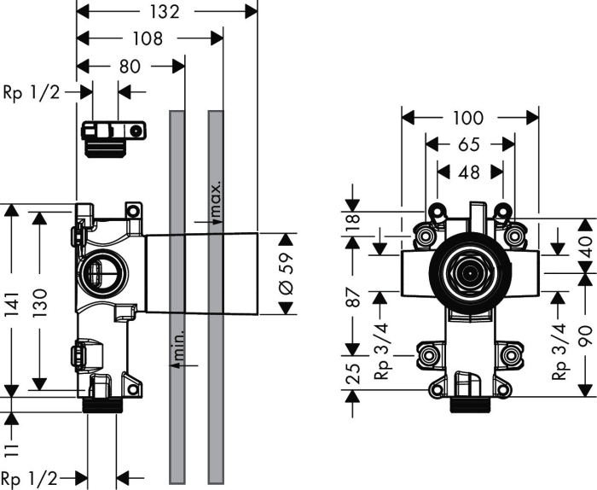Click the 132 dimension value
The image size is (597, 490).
tap(164, 12)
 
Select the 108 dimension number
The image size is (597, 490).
tap(148, 39)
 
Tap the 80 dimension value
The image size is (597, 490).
tap(130, 67)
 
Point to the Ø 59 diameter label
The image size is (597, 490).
tap(287, 273)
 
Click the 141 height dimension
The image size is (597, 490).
tap(12, 305)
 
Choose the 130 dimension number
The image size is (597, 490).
tap(40, 303)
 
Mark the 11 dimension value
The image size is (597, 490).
tap(12, 450)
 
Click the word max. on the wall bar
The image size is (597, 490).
tap(216, 199)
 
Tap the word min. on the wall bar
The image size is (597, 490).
tap(178, 345)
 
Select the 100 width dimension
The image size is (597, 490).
tap(469, 118)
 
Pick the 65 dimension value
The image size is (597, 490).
tap(469, 145)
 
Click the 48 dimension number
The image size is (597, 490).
tap(469, 172)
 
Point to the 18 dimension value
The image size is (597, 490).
tap(353, 219)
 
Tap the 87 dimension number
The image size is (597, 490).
tap(353, 298)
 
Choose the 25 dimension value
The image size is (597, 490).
tap(353, 374)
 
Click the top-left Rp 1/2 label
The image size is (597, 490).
tap(32, 92)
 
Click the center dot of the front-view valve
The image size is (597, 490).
tap(471, 273)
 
